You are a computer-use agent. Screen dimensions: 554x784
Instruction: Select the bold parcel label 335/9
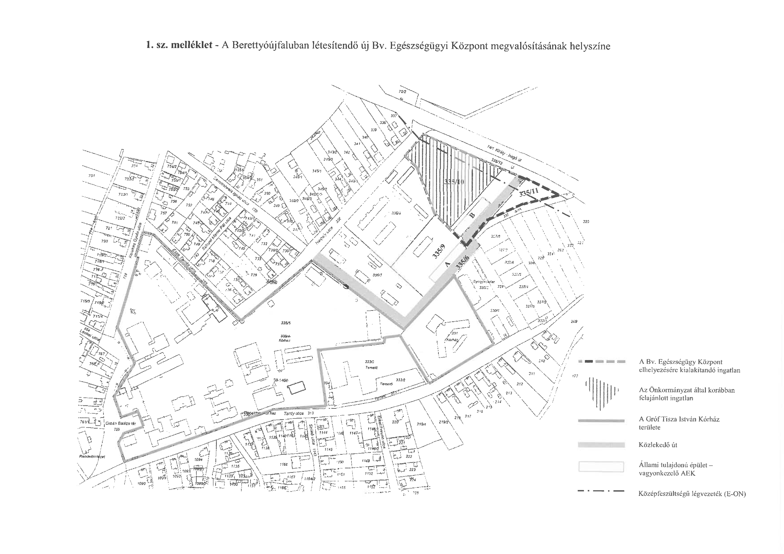440,253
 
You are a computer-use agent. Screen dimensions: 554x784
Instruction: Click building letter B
472,215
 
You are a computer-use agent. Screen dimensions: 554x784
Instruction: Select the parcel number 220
395,422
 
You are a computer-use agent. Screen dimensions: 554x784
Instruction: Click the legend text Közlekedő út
658,445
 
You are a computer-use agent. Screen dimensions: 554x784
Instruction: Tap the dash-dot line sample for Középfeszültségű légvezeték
601,491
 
